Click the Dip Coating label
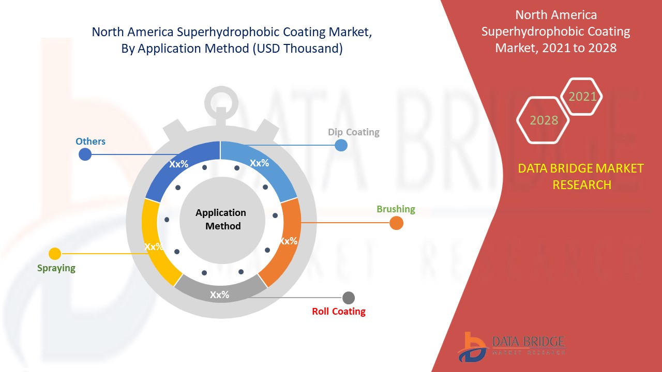[x=353, y=132]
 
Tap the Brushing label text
[x=396, y=209]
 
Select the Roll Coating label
[x=338, y=312]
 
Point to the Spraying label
[x=56, y=268]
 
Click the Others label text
[x=91, y=142]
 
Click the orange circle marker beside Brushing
[x=396, y=223]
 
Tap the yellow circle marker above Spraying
[x=55, y=254]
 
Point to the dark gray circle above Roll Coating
[x=349, y=298]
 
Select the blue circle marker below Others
[x=84, y=154]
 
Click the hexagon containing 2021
[x=582, y=97]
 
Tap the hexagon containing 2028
[x=543, y=120]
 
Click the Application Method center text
[x=221, y=219]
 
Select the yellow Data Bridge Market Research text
[x=581, y=176]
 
